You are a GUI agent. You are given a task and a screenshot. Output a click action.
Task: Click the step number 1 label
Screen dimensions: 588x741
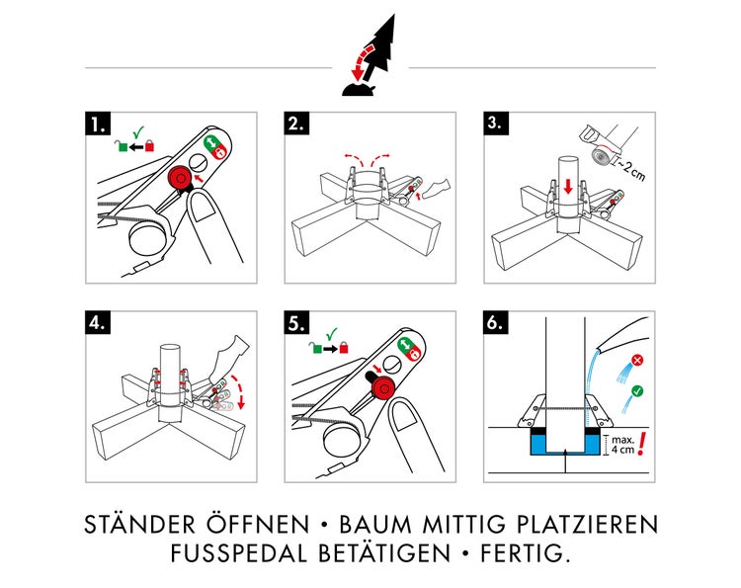click(96, 124)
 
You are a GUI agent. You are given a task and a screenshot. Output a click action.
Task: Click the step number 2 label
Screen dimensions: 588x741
click(295, 124)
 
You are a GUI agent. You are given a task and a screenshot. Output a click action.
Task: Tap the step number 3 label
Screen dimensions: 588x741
click(496, 124)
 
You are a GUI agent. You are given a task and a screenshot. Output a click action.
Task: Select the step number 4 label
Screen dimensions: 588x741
click(96, 324)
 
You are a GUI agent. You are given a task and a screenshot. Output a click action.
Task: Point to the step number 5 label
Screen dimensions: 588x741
click(295, 324)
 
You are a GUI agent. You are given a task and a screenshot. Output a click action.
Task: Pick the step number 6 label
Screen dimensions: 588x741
click(496, 324)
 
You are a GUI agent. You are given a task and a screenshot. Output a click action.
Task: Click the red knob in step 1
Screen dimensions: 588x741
click(179, 178)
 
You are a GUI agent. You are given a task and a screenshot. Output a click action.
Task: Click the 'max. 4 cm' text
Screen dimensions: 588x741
click(621, 444)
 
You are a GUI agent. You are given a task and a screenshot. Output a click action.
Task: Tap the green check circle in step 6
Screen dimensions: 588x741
click(636, 391)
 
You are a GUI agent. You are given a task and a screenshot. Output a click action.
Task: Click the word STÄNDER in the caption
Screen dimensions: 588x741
click(144, 524)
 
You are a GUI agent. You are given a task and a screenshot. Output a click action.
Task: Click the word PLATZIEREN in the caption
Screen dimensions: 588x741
click(584, 524)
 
